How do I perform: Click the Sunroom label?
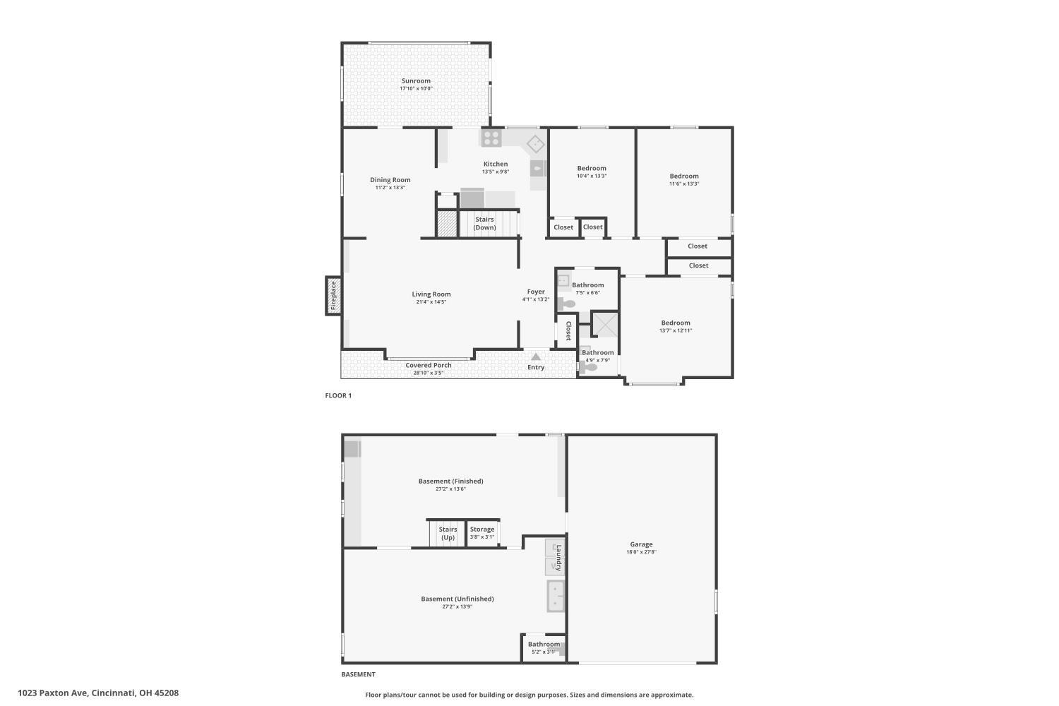pyautogui.click(x=416, y=81)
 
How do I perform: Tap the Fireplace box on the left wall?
pyautogui.click(x=333, y=296)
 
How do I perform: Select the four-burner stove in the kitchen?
pyautogui.click(x=491, y=138)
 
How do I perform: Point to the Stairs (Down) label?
pyautogui.click(x=484, y=223)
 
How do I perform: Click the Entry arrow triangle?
pyautogui.click(x=536, y=357)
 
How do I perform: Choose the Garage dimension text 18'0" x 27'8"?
pyautogui.click(x=642, y=552)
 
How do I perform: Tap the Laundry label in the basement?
pyautogui.click(x=558, y=558)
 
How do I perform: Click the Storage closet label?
pyautogui.click(x=482, y=529)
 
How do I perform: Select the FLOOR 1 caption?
pyautogui.click(x=338, y=395)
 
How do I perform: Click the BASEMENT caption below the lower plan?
pyautogui.click(x=359, y=674)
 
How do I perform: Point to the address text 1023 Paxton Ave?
pyautogui.click(x=53, y=693)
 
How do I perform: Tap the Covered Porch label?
pyautogui.click(x=429, y=365)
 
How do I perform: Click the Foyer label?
pyautogui.click(x=536, y=292)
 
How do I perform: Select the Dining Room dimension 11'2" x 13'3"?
pyautogui.click(x=390, y=187)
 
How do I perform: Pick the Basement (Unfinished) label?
pyautogui.click(x=457, y=599)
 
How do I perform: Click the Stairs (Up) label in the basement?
pyautogui.click(x=448, y=534)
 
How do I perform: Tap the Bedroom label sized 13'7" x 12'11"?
pyautogui.click(x=676, y=323)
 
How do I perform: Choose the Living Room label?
pyautogui.click(x=431, y=294)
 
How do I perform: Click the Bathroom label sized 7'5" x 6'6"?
pyautogui.click(x=588, y=285)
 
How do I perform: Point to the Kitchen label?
pyautogui.click(x=496, y=164)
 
